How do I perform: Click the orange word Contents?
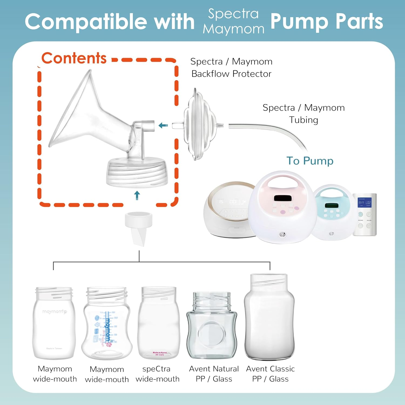click(74, 58)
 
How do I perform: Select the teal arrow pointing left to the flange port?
click(163, 125)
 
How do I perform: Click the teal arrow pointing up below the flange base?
click(137, 195)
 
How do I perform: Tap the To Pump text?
click(310, 161)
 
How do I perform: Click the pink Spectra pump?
click(282, 208)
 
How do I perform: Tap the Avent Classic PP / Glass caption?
click(270, 374)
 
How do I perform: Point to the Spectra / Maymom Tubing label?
click(303, 114)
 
